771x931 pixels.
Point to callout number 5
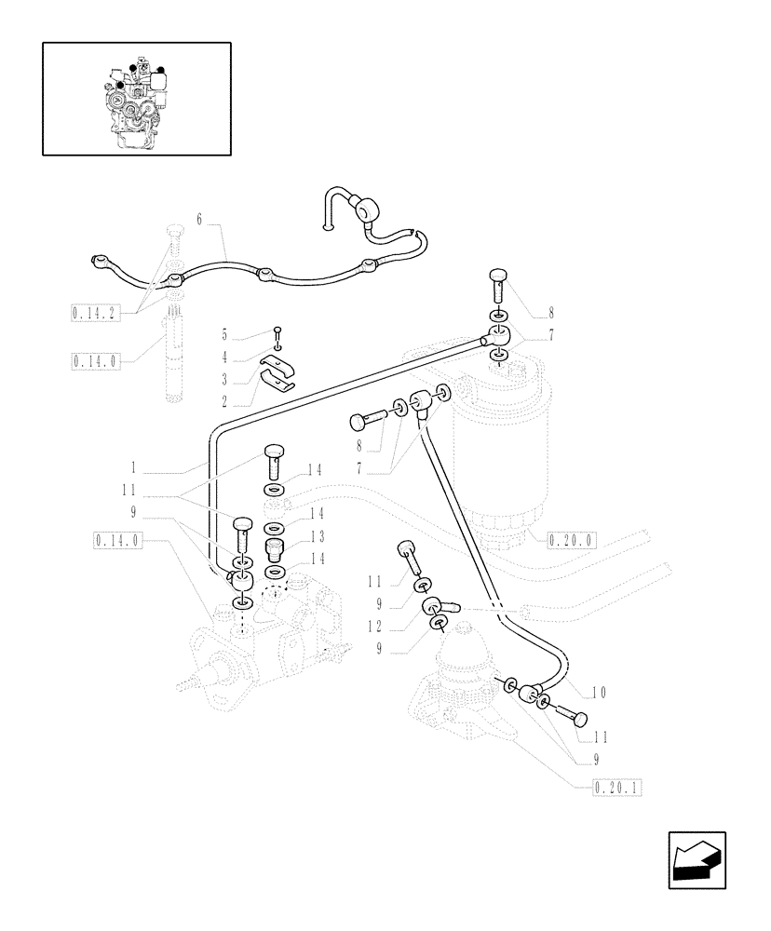tap(223, 334)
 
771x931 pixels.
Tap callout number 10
tap(599, 692)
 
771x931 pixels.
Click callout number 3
tap(223, 379)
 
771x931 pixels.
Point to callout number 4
tap(223, 357)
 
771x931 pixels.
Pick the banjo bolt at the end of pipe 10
tap(569, 714)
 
